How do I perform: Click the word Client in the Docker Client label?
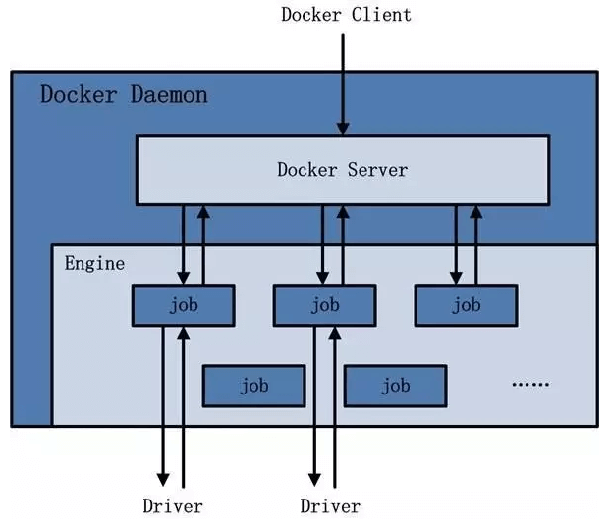(x=377, y=15)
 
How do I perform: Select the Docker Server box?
(x=342, y=170)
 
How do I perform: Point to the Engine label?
(x=94, y=263)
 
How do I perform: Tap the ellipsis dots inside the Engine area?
(x=530, y=385)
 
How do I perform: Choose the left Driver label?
(x=173, y=506)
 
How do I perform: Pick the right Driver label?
(x=330, y=506)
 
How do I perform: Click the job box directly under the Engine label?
(x=183, y=305)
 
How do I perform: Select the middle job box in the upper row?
(x=324, y=305)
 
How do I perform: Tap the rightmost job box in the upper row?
(x=466, y=305)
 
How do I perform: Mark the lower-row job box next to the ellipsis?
(x=395, y=386)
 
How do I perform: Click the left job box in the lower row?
(x=253, y=386)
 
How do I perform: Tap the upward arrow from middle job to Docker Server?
(x=343, y=245)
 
